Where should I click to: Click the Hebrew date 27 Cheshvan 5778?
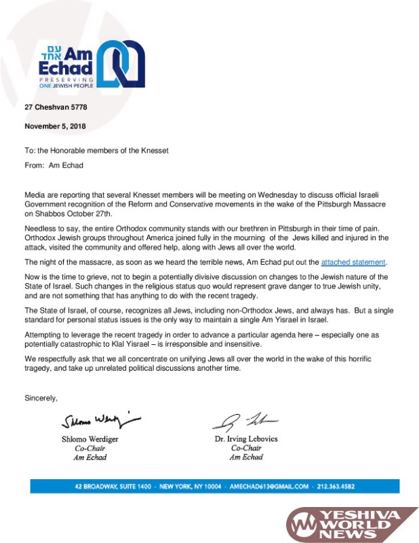[56, 107]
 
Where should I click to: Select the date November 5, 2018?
[55, 126]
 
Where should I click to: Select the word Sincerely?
[41, 398]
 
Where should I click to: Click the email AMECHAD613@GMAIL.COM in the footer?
[269, 487]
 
